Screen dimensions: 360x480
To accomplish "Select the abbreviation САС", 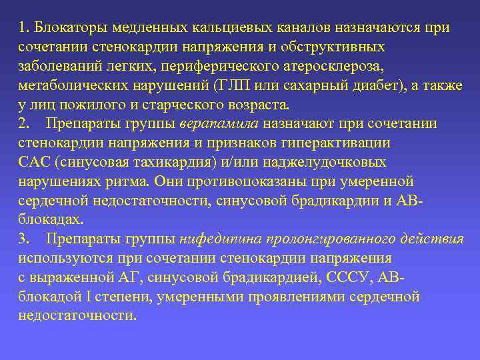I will pyautogui.click(x=33, y=163).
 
